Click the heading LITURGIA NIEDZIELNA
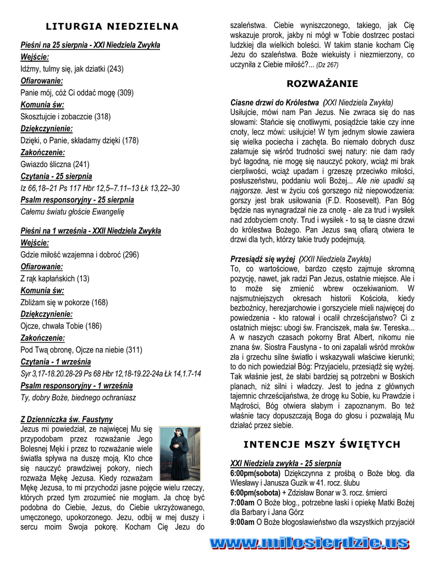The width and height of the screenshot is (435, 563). (x=112, y=26)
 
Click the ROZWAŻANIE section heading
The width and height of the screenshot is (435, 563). (x=322, y=84)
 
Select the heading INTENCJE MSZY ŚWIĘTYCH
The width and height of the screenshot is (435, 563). (x=322, y=444)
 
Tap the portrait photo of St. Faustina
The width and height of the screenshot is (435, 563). (x=180, y=454)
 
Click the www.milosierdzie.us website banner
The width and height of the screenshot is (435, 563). (x=310, y=544)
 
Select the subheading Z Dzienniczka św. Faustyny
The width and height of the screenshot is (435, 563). (x=67, y=420)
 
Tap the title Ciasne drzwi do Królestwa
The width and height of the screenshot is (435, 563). (x=274, y=102)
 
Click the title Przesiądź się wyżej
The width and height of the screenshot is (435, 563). (x=263, y=259)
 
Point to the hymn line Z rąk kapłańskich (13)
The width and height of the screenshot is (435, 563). (x=55, y=279)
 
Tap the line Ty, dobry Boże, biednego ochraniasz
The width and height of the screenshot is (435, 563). (x=78, y=398)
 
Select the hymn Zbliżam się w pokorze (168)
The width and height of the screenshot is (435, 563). (x=64, y=302)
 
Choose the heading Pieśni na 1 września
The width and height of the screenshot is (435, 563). (x=91, y=231)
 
